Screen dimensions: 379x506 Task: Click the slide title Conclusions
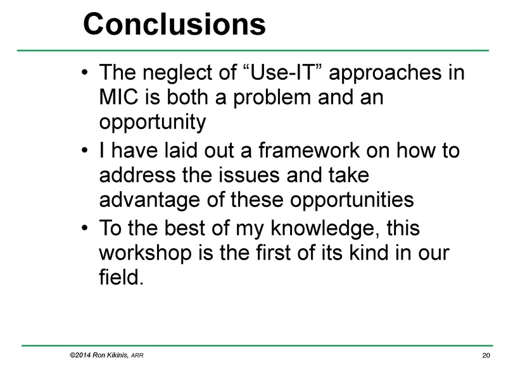[x=174, y=24]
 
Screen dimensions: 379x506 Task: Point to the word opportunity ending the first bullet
[x=153, y=121]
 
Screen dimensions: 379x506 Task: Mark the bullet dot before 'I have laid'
[x=85, y=153]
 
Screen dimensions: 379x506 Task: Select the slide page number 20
[x=486, y=357]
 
